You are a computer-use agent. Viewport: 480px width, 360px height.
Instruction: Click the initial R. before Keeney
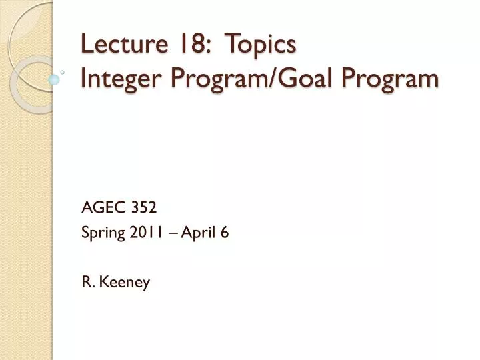point(87,282)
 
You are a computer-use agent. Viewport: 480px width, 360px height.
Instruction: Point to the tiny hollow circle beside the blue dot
point(62,71)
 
